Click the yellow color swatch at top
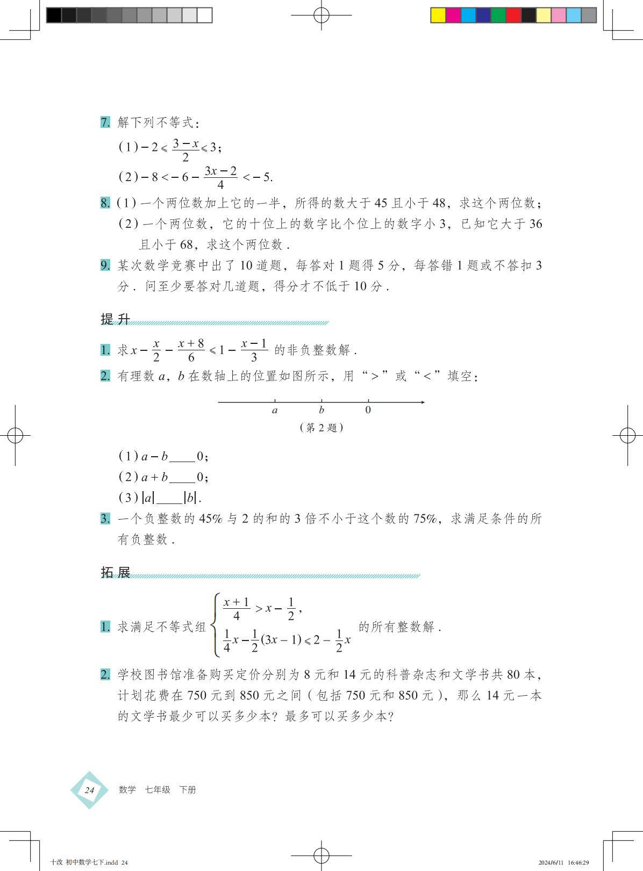tap(438, 15)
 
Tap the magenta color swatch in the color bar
tap(453, 15)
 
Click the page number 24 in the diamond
tap(89, 790)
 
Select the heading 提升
tap(116, 319)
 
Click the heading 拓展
tap(116, 572)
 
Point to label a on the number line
tap(275, 411)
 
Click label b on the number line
tap(321, 410)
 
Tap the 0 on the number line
tap(368, 410)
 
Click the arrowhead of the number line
tap(423, 402)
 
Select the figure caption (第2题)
tap(321, 428)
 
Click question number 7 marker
tap(105, 123)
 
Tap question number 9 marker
tap(105, 265)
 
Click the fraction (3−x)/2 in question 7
tap(185, 150)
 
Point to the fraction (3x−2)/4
tap(220, 177)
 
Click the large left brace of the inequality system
tap(216, 625)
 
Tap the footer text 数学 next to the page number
tap(127, 790)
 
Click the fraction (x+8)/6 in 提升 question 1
tap(191, 350)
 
